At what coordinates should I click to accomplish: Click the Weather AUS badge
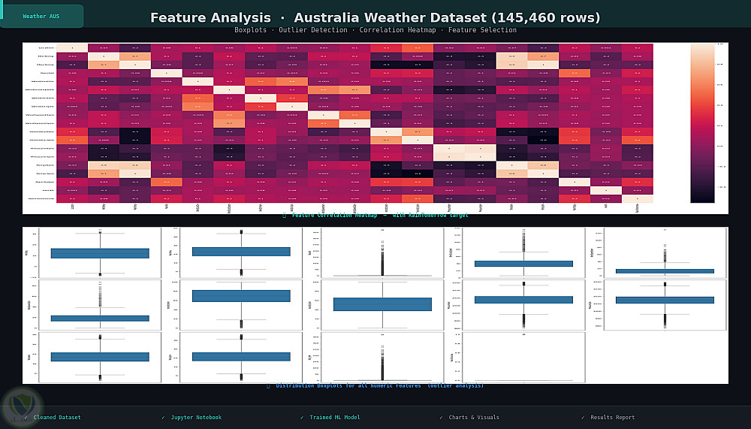click(41, 16)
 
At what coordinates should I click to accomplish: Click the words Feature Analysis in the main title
click(210, 18)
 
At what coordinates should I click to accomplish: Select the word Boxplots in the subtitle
click(250, 30)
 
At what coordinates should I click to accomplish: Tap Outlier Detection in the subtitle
click(310, 30)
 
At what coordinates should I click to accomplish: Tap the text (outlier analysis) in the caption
click(455, 386)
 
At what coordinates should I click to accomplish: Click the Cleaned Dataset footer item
click(56, 418)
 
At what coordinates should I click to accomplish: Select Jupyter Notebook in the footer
click(196, 418)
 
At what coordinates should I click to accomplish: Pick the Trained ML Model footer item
click(334, 418)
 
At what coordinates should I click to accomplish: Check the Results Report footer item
click(612, 418)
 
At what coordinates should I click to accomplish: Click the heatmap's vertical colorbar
click(702, 123)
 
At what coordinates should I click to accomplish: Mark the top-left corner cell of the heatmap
click(72, 48)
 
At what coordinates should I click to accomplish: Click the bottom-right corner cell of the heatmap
click(638, 198)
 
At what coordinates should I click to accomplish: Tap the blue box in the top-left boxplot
click(99, 253)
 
